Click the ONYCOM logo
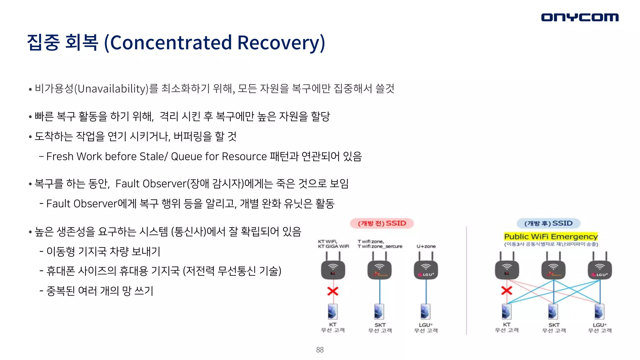580,17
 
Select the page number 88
320,350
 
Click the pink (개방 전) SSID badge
382,223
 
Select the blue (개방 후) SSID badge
548,223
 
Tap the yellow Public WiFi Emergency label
551,237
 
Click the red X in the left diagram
333,291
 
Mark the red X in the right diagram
507,291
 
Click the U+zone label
426,246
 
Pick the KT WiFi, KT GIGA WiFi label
333,244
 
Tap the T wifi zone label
380,244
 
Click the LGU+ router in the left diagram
426,269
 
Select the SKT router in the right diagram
553,269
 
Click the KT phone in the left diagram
333,312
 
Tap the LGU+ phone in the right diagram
599,312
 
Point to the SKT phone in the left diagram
379,312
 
